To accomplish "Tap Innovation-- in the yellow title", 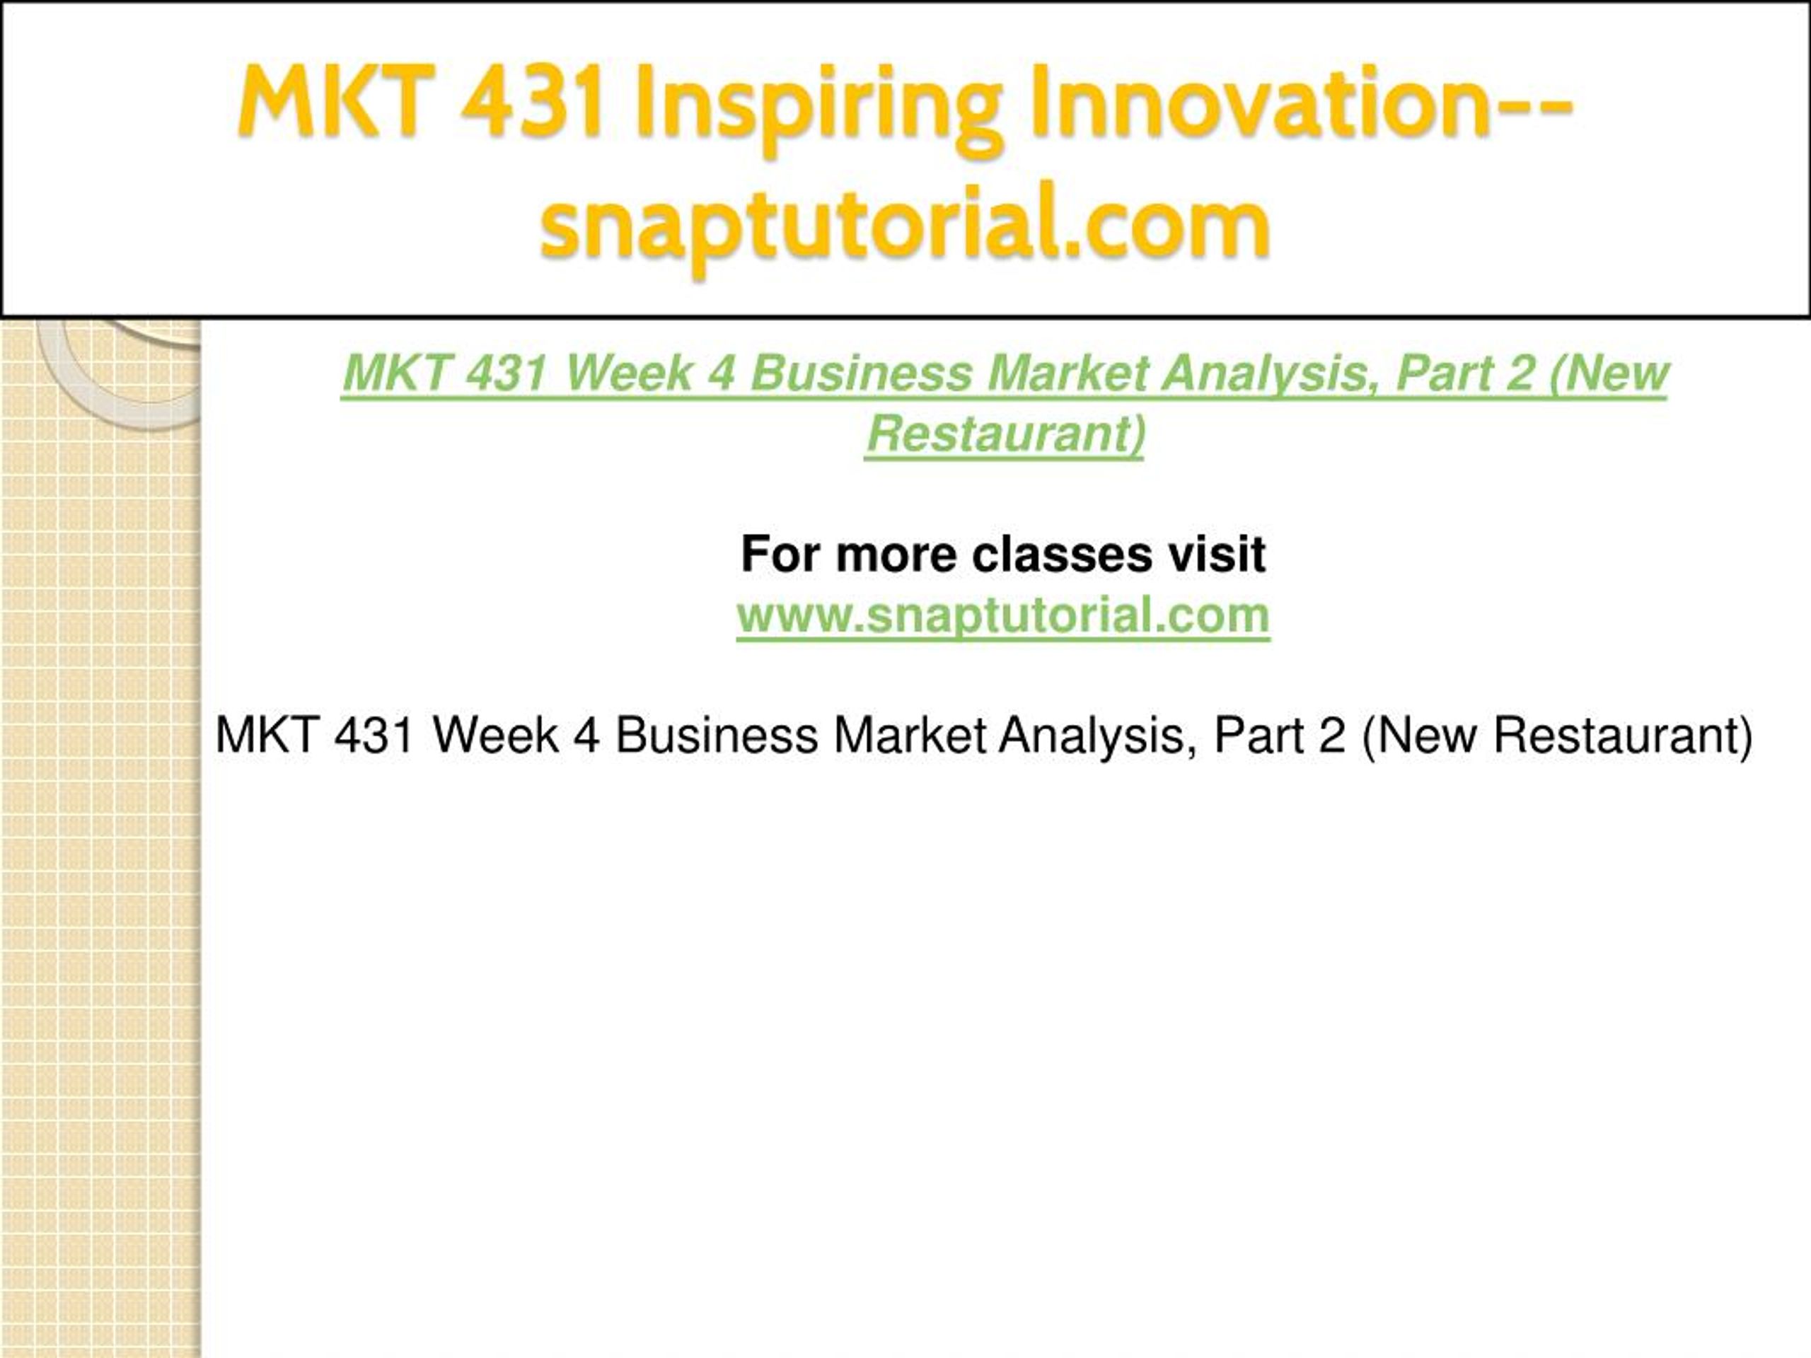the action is click(1301, 102).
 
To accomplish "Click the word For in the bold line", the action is click(781, 555).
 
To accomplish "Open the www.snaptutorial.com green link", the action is click(1003, 615).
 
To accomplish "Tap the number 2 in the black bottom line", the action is click(1332, 734).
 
